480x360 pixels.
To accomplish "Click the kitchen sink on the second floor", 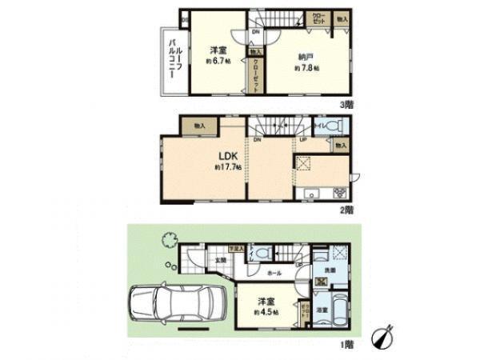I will pyautogui.click(x=311, y=194).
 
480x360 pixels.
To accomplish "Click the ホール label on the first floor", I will pyautogui.click(x=274, y=273).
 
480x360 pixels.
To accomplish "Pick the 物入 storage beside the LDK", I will pyautogui.click(x=200, y=126).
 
